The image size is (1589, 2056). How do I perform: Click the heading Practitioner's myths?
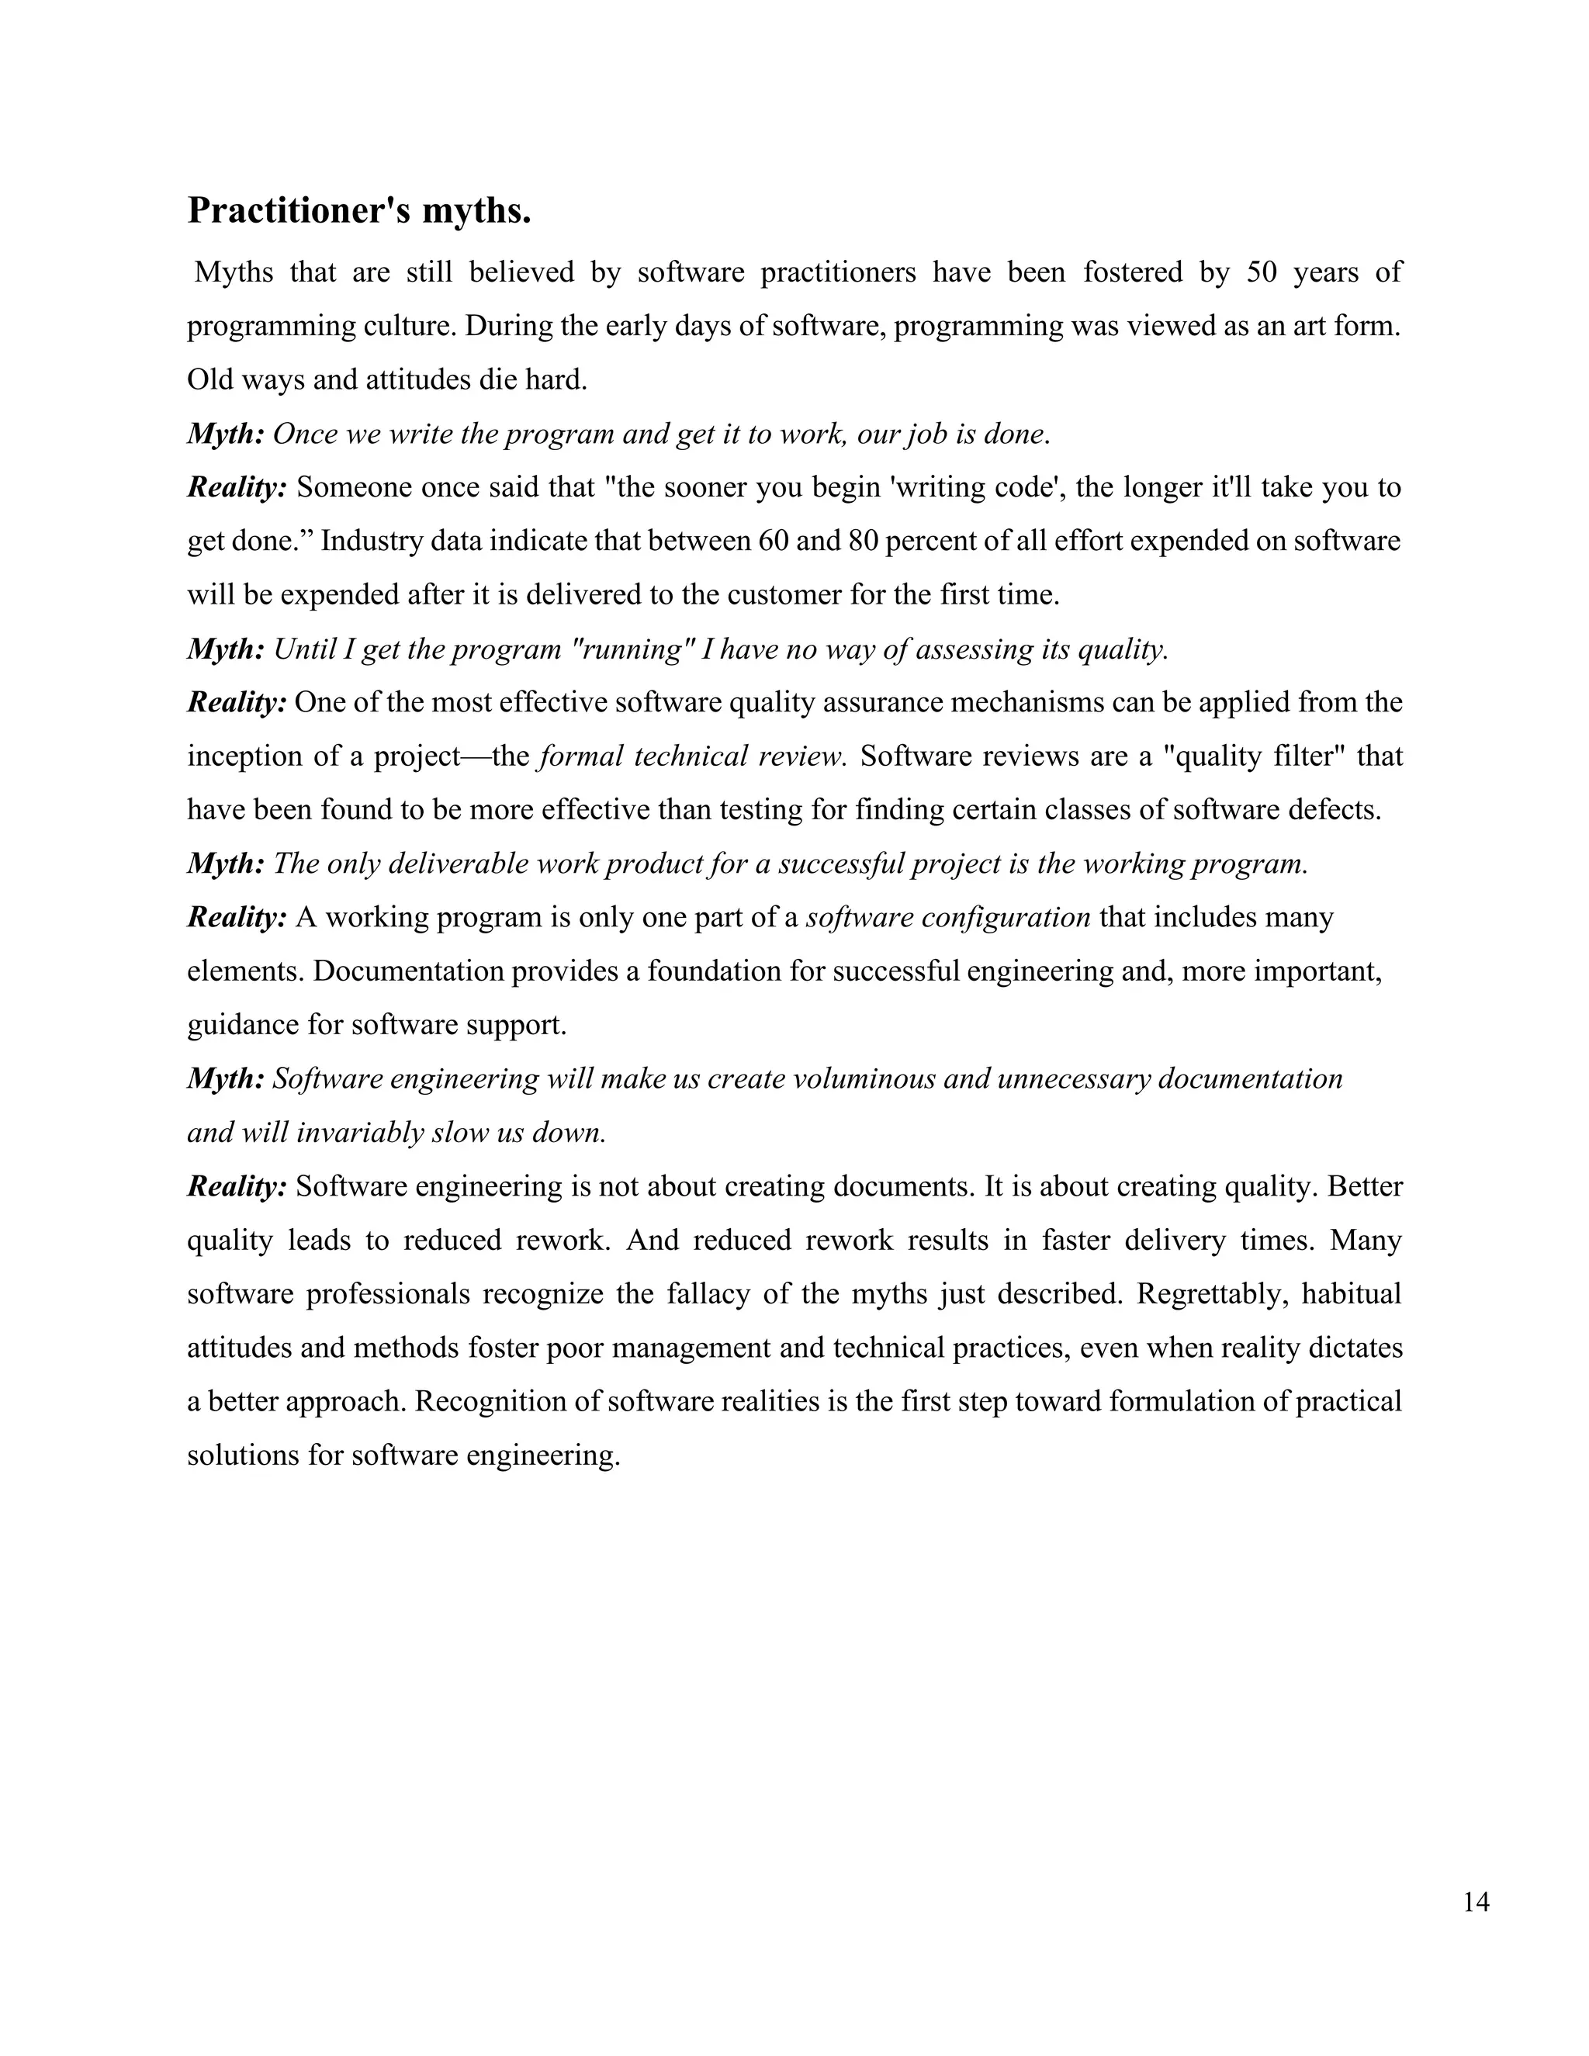click(x=358, y=211)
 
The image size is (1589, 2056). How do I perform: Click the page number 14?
click(x=1476, y=1903)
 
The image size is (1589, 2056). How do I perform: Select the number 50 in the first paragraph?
click(x=1262, y=273)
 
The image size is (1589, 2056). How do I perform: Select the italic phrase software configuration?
click(x=949, y=918)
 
